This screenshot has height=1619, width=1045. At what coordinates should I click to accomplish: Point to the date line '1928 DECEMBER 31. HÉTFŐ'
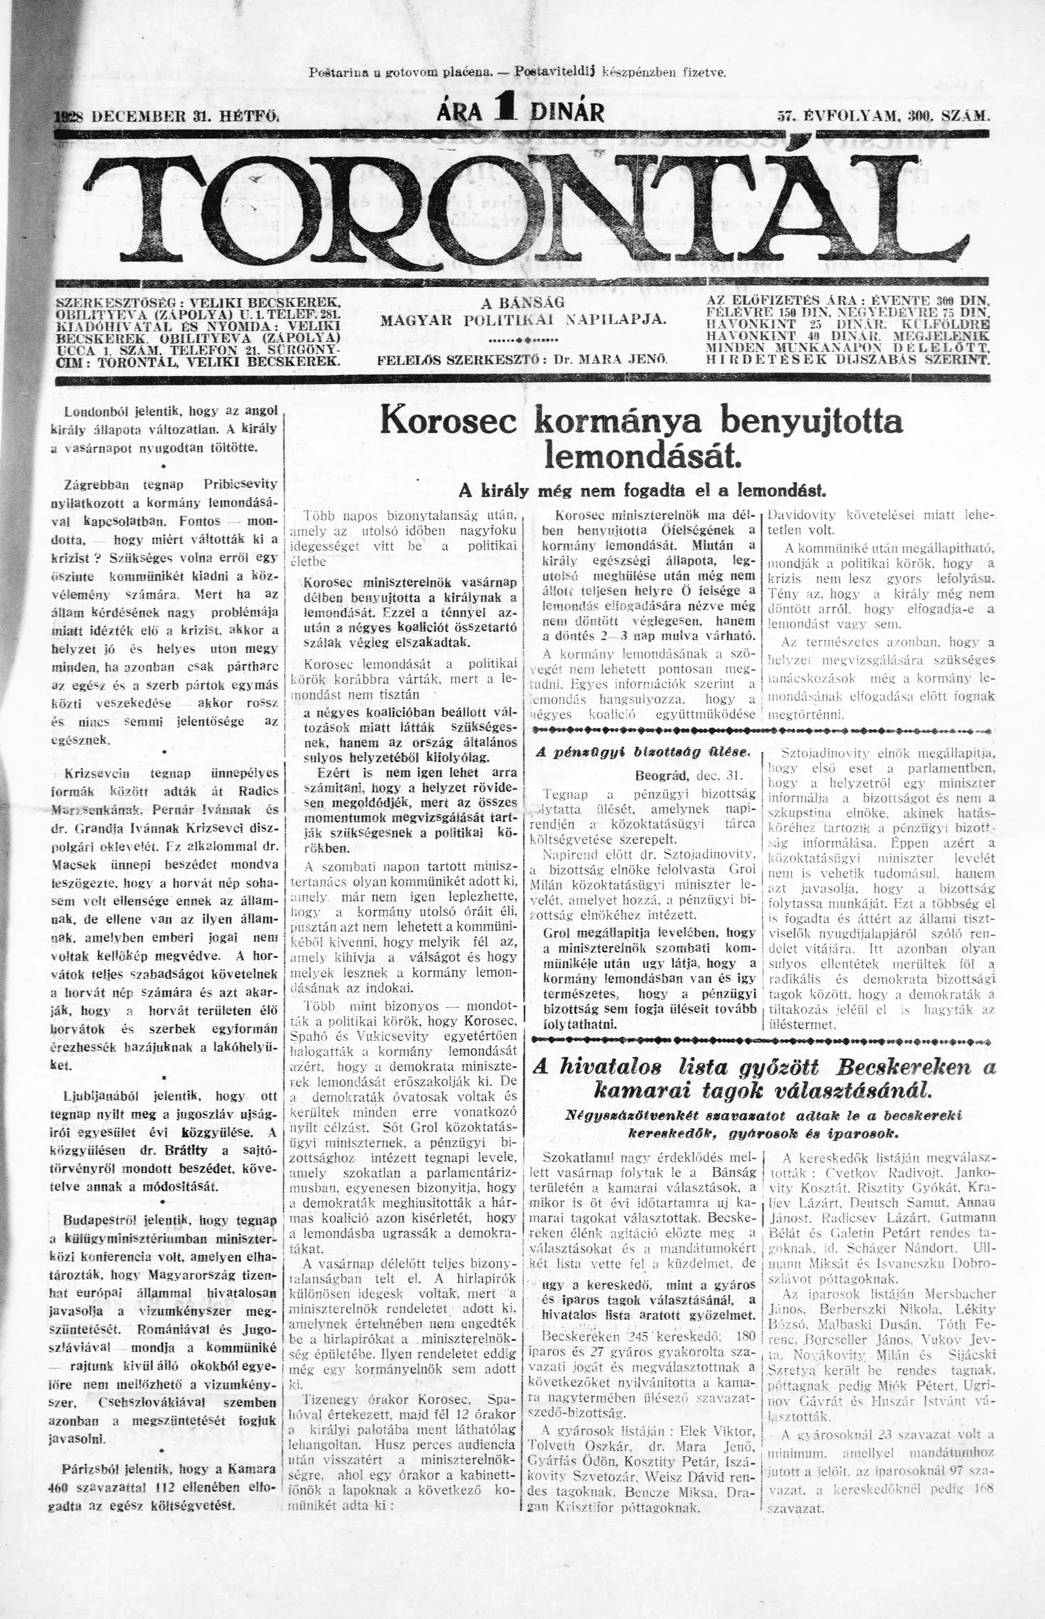167,115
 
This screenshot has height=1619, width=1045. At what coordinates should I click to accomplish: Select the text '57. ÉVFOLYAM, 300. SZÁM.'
884,116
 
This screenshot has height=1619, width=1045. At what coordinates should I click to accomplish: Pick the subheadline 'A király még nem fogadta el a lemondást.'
641,489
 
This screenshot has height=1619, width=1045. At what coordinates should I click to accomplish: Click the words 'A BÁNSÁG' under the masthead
522,303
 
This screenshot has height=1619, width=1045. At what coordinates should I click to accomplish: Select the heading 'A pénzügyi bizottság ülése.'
642,752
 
